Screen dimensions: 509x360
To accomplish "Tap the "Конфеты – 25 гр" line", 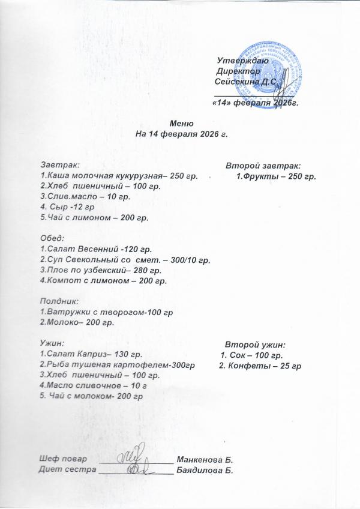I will coord(260,366).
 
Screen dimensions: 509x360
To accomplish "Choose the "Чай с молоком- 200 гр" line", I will coord(92,396).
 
